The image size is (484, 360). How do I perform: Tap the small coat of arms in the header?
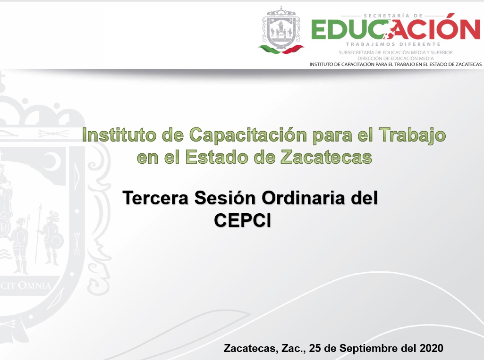tap(281, 27)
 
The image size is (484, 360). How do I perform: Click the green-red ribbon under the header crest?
tap(281, 49)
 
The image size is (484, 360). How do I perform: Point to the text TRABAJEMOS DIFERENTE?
tap(393, 44)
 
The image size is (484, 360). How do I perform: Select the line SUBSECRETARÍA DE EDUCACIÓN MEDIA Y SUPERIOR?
tap(395, 53)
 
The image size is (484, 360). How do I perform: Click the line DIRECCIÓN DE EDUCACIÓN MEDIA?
tap(395, 59)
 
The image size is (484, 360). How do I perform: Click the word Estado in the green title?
tap(217, 157)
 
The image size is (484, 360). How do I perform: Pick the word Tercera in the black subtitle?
tap(155, 198)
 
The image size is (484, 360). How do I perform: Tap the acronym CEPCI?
tap(243, 220)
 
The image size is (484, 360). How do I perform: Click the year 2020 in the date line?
tap(431, 348)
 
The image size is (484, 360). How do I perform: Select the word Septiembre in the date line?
tap(369, 349)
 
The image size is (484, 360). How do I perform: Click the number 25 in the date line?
tap(315, 348)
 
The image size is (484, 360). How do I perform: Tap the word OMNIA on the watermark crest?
tap(34, 285)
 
